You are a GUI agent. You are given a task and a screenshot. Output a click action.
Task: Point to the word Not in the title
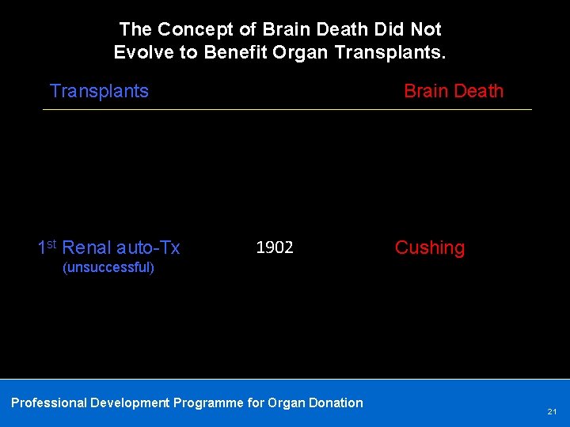point(426,30)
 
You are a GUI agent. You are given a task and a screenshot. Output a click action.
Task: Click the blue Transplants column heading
point(99,91)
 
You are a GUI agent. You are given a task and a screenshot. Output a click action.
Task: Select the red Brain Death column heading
point(454,91)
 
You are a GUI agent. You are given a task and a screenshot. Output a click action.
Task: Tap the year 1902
point(275,248)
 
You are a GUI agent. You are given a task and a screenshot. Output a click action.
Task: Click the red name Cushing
point(430,248)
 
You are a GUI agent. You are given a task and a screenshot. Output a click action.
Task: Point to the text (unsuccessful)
point(108,267)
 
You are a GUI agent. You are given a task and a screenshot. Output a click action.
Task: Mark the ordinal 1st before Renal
point(47,247)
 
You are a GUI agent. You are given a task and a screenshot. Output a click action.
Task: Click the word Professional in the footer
point(48,402)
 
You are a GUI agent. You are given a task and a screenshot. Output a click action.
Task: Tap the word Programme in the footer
point(207,402)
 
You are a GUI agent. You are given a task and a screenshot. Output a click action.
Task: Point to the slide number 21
point(552,412)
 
